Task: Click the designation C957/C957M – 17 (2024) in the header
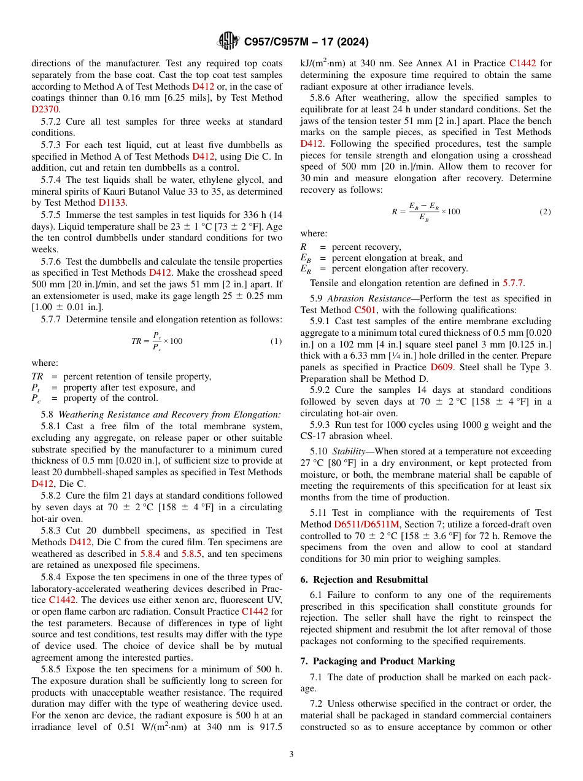tap(306, 42)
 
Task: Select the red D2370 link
tap(45, 109)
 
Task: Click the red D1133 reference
tap(110, 202)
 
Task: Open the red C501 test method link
tap(365, 310)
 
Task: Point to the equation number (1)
tap(276, 341)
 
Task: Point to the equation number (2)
tap(545, 211)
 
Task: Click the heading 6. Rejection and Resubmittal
tap(364, 580)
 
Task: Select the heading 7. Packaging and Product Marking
tap(377, 661)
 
